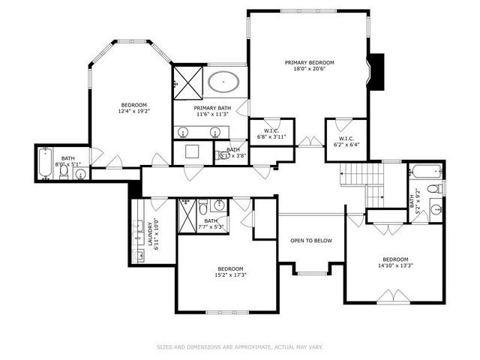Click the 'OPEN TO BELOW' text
[310, 241]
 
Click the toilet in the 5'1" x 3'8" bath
[223, 156]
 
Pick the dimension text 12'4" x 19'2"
[134, 112]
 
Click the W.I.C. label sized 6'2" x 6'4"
[346, 141]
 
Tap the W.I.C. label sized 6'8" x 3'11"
[271, 133]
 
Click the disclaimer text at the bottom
[239, 346]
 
